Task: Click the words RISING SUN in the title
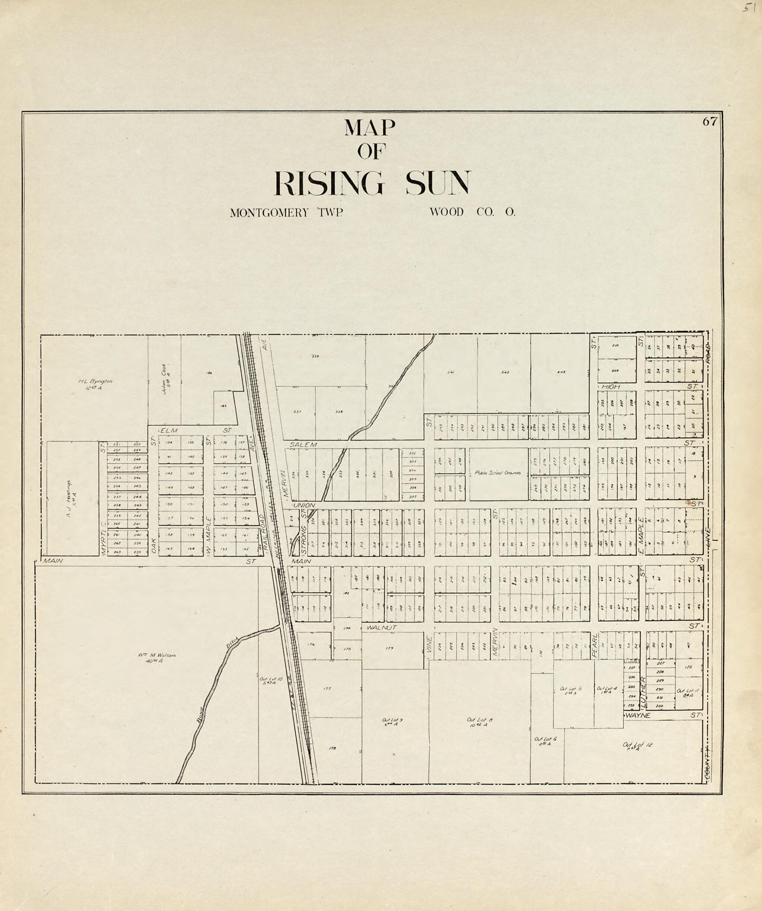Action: click(372, 183)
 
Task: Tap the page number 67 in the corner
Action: click(710, 122)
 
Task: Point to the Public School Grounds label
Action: click(497, 473)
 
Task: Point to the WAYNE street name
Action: click(637, 715)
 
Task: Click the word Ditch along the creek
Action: click(232, 643)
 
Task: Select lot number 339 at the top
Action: click(315, 357)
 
